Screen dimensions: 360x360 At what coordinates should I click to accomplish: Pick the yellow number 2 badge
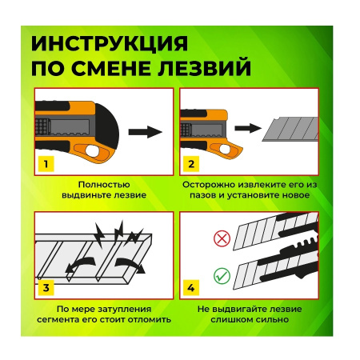[190, 165]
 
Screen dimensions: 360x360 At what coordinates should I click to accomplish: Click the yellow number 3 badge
[47, 286]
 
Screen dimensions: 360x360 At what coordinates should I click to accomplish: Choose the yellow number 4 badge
[190, 286]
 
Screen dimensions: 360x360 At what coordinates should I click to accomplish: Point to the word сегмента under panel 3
[74, 318]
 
